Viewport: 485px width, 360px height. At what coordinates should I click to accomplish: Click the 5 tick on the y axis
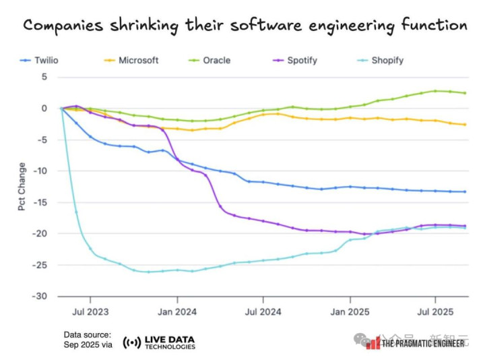44,77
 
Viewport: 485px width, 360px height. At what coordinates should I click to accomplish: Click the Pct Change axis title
22,187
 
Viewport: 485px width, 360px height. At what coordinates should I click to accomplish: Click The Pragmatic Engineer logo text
424,343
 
